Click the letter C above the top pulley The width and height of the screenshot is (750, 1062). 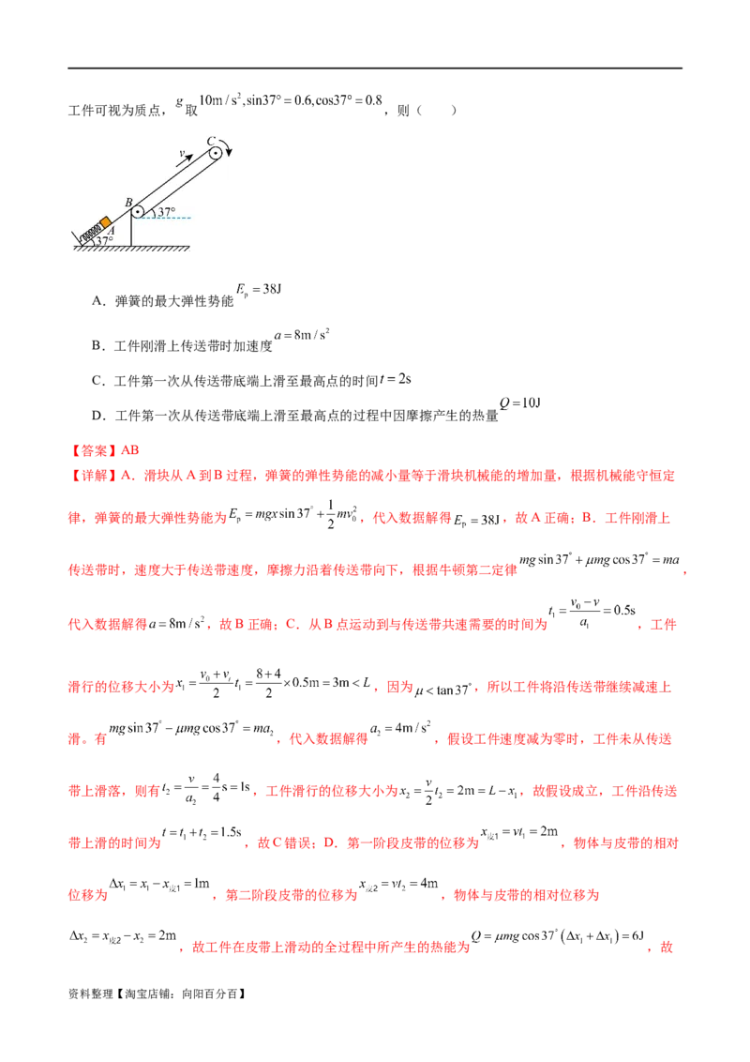[211, 141]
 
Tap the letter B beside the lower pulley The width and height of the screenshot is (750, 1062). [128, 202]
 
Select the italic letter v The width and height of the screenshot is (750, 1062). [182, 153]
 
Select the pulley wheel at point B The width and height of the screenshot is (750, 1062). [138, 212]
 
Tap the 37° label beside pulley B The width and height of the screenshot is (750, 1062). [166, 213]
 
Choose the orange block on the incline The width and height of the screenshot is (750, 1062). [106, 223]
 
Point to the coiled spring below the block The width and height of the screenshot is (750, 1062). [91, 230]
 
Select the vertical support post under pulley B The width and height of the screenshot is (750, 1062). [132, 233]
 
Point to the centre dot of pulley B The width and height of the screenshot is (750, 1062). [138, 212]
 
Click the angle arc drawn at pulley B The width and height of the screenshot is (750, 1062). [153, 213]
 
